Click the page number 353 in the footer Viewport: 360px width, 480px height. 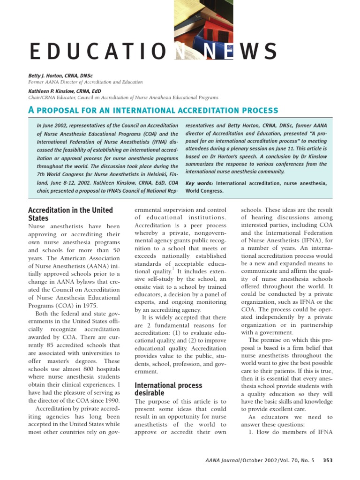pos(327,460)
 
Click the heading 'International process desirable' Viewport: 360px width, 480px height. pos(168,389)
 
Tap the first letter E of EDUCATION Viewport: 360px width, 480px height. pos(34,52)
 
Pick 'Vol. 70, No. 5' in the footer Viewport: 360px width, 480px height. pos(299,460)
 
